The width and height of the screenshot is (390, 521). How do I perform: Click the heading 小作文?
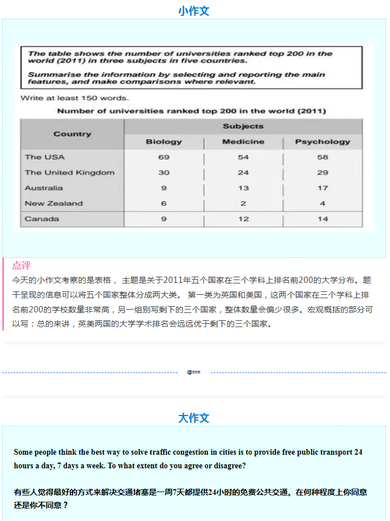coord(194,11)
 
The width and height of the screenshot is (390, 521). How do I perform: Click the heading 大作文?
coord(194,418)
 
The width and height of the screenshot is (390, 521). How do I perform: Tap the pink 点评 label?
coord(22,265)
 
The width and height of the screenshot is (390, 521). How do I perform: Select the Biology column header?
coord(164,142)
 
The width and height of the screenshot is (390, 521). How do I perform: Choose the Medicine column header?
coord(243,142)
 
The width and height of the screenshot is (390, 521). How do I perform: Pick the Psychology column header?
coord(323,142)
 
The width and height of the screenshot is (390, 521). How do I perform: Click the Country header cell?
coord(72,134)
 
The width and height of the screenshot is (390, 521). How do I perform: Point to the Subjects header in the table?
coord(243,126)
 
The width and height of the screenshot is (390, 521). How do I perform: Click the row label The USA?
coord(45,157)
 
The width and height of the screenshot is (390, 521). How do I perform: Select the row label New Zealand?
coord(53,204)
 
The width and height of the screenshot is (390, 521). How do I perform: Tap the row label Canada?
coord(41,219)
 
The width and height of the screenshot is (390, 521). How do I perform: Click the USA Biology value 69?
coord(164,157)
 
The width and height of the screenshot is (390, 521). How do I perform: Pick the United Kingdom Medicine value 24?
coord(243,172)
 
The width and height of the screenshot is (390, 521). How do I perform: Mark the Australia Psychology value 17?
coord(323,188)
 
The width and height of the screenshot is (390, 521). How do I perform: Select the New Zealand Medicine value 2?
coord(243,204)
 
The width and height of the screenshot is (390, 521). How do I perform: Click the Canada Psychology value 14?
coord(323,219)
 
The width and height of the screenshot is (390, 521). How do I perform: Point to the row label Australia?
coord(44,188)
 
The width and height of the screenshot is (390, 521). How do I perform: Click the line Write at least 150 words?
coord(66,98)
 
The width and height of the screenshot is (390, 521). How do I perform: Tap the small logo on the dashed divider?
coord(194,372)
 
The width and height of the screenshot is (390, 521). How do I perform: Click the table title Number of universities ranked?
coord(191,111)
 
